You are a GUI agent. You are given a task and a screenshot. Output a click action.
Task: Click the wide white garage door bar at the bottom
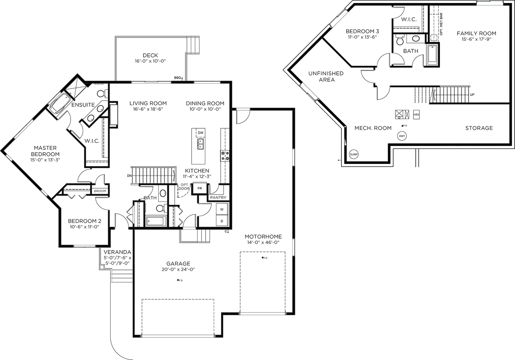tap(178, 336)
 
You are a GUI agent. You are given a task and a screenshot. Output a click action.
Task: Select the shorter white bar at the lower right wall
tap(262, 314)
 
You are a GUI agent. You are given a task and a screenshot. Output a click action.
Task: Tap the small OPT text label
tap(184, 184)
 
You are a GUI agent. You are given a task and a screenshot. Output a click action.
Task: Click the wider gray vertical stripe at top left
tap(22, 66)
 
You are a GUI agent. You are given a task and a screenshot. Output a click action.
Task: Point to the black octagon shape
tap(123, 176)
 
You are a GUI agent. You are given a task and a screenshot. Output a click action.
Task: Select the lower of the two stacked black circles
tap(222, 220)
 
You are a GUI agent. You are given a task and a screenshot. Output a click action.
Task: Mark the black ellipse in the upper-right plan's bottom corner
tap(354, 154)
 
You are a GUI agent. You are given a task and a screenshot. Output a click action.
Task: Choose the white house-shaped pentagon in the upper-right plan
tap(418, 69)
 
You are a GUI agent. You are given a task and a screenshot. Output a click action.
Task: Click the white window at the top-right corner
tap(490, 10)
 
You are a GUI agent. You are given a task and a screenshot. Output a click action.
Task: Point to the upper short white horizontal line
tap(192, 37)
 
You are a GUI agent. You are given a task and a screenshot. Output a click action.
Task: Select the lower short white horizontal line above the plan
tap(192, 53)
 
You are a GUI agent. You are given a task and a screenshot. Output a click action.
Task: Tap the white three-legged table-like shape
tap(77, 199)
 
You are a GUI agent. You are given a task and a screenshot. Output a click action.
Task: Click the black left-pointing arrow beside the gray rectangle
tap(327, 160)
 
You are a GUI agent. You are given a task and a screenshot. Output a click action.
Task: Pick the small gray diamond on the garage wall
tap(189, 229)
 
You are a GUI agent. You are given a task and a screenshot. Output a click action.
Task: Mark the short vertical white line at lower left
tap(111, 275)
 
